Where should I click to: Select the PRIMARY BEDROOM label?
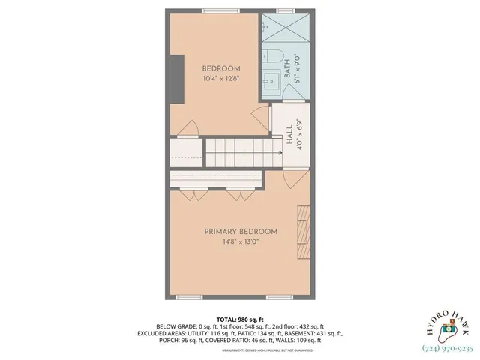pos(240,232)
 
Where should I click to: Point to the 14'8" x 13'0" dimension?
pos(240,242)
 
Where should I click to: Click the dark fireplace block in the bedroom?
pos(176,75)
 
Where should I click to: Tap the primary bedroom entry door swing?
pos(295,178)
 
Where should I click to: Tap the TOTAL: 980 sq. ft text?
pos(240,319)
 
